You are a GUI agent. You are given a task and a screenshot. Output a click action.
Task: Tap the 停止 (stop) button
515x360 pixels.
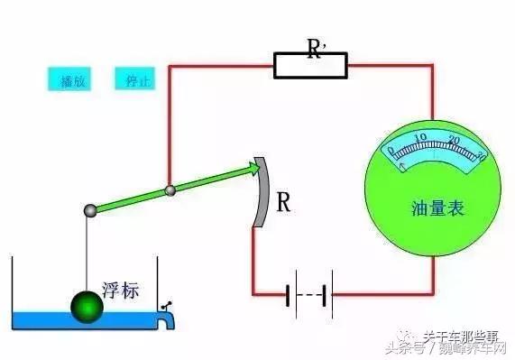133,79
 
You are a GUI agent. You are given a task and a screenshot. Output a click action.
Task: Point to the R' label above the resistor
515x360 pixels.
316,46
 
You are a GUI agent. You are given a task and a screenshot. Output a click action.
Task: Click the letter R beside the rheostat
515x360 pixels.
283,203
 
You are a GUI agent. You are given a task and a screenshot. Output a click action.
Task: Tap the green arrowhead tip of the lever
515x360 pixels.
253,167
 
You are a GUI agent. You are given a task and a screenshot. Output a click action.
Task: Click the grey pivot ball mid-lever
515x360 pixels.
169,190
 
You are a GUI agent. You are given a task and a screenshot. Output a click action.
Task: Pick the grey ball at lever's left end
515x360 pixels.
90,210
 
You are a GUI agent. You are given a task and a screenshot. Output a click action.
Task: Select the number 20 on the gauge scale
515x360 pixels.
453,141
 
